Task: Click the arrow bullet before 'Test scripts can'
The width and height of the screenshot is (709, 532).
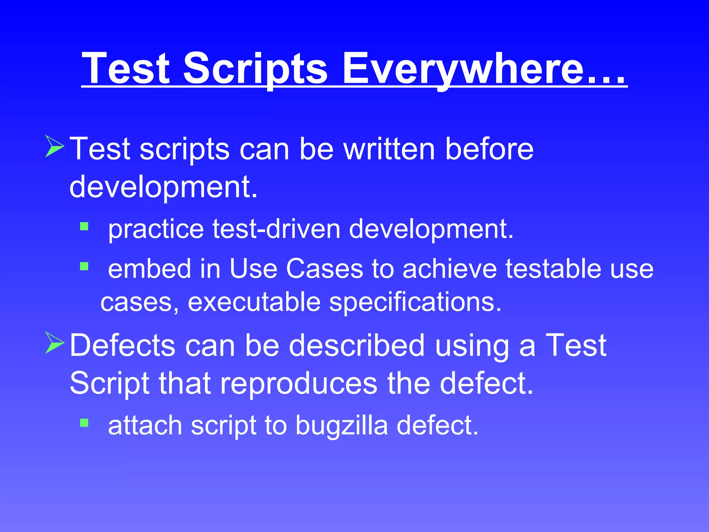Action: (x=55, y=147)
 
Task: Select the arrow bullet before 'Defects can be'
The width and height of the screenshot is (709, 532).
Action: (x=55, y=343)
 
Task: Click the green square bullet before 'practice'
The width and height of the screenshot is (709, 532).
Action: (x=84, y=227)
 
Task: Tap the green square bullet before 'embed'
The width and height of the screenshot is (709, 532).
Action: (x=84, y=266)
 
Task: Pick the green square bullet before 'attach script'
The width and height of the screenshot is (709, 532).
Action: (x=84, y=423)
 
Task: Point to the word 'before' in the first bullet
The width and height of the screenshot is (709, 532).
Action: (x=489, y=149)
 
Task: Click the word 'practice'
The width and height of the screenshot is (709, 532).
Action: (x=156, y=230)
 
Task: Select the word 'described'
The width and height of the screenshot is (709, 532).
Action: (x=357, y=345)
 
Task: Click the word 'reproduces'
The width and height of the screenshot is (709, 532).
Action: (x=298, y=383)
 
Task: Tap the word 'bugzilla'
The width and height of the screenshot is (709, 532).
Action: (x=342, y=425)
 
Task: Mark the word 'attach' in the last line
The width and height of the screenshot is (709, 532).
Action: (x=145, y=425)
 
